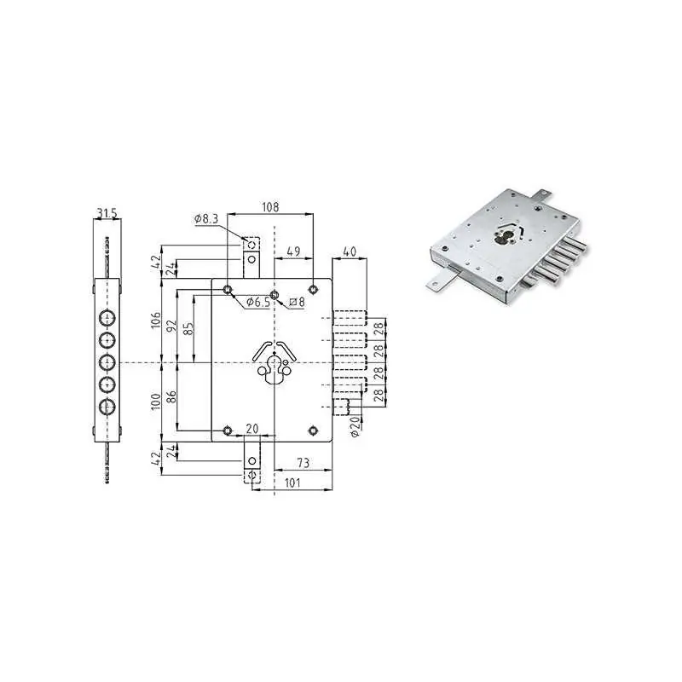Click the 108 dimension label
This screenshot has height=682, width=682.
tap(269, 207)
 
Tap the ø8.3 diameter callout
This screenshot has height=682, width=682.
tap(206, 219)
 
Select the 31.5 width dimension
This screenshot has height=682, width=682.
tap(107, 213)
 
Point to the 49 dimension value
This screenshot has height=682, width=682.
tap(294, 251)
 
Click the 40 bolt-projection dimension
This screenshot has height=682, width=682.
tap(350, 251)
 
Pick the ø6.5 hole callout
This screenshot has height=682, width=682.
tap(258, 302)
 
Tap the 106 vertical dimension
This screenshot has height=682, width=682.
tap(156, 321)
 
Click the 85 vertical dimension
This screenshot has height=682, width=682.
tap(188, 329)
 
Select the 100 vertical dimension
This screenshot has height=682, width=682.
tap(156, 400)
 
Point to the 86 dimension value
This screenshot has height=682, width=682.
tap(172, 396)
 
